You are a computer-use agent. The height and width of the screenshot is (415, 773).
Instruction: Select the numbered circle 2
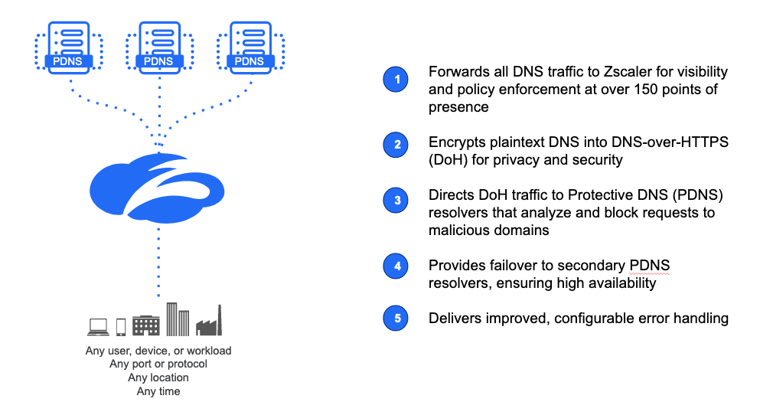pos(396,144)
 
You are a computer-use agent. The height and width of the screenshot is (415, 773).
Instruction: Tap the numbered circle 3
pos(396,201)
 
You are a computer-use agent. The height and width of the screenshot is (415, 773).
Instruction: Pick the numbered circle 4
pos(396,266)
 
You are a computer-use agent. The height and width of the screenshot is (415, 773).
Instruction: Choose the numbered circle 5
pos(396,317)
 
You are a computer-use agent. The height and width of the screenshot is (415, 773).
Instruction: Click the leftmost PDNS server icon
pos(70,46)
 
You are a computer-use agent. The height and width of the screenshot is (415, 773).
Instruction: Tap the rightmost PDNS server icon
pos(249,46)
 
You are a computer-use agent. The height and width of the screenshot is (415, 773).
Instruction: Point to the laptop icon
pos(98,327)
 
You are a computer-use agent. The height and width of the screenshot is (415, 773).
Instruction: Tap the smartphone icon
pos(120,327)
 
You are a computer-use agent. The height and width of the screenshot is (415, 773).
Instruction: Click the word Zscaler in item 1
pos(607,72)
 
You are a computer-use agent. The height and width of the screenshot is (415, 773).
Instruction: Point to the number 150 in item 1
pos(634,90)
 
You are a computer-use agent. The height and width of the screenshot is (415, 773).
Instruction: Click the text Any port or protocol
pos(158,364)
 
